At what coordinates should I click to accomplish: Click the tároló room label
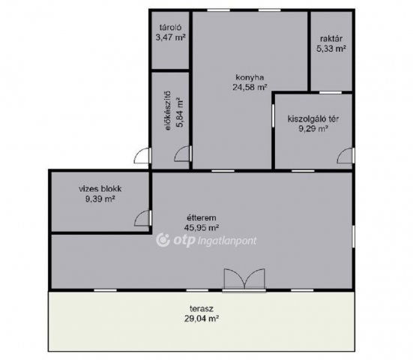[170, 28]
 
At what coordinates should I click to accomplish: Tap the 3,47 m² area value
[170, 37]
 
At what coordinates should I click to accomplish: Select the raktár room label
[331, 39]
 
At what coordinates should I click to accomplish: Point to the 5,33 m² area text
[331, 49]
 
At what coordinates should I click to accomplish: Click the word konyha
[250, 77]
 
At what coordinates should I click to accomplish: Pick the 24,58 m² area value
[250, 87]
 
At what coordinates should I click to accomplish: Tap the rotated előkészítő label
[167, 111]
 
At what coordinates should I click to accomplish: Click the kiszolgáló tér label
[313, 118]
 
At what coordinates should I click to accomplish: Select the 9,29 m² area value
[313, 128]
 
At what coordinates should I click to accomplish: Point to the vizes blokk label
[100, 189]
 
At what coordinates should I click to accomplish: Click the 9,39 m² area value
[100, 199]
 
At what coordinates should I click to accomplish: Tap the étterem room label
[202, 218]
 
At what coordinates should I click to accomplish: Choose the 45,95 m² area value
[202, 227]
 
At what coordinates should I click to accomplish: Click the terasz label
[202, 308]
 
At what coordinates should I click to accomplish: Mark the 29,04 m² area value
[202, 318]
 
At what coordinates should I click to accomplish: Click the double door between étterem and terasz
[244, 279]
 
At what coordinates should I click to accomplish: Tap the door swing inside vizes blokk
[142, 218]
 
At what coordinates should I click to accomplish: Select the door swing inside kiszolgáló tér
[345, 155]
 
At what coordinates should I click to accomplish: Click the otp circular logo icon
[163, 240]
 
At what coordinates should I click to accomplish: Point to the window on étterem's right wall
[354, 236]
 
